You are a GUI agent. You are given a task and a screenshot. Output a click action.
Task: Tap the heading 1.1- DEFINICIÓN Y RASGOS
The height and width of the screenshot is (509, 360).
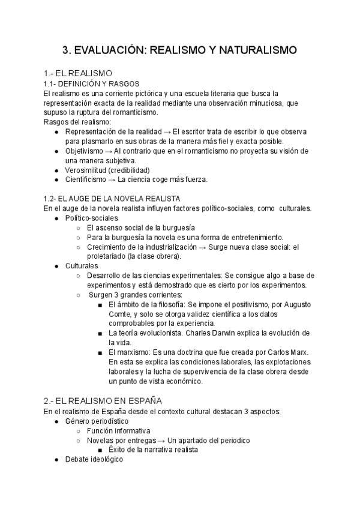point(92,83)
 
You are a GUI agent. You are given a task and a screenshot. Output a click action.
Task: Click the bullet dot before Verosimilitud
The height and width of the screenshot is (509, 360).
point(56,170)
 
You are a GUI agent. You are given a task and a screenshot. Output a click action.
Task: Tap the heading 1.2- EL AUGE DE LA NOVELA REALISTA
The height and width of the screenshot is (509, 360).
point(112,198)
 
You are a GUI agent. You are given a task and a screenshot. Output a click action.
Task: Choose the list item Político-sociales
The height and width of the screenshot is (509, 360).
point(92,218)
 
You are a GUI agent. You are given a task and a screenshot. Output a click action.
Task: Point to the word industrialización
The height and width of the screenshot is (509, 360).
point(160,247)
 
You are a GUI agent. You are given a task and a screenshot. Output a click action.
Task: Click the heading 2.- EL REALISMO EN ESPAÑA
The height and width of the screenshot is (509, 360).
point(103,400)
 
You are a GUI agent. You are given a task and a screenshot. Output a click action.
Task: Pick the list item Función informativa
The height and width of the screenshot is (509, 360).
point(118,430)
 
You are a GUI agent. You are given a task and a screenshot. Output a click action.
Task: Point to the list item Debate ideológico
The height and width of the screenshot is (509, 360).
point(94,459)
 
